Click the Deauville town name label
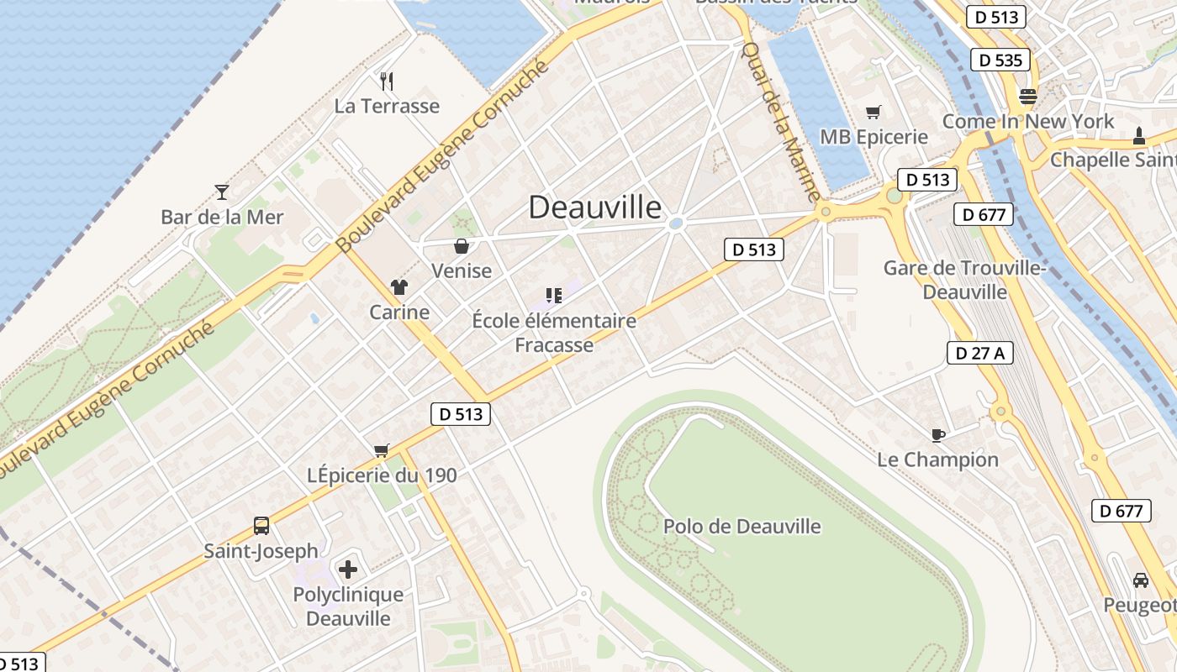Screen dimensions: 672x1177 point(594,207)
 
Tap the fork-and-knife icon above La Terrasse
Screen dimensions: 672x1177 point(387,81)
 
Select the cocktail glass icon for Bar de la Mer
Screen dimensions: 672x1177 point(222,192)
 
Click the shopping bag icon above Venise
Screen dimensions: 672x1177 point(461,246)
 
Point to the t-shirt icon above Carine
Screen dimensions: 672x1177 point(398,287)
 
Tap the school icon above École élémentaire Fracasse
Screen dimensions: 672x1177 point(553,296)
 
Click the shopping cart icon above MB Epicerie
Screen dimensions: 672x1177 point(874,112)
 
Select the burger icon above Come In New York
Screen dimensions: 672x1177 point(1027,96)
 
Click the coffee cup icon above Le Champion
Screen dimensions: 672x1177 point(937,434)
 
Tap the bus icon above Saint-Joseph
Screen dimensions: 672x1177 point(261,526)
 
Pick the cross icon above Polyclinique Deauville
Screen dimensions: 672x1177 point(347,570)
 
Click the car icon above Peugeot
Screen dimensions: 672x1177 point(1140,580)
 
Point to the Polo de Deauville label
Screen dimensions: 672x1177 point(742,527)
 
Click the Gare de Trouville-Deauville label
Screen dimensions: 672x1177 point(964,280)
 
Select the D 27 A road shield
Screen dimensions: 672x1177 point(979,353)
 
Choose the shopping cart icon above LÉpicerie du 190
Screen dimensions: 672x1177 point(382,450)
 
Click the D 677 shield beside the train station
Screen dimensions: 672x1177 point(984,214)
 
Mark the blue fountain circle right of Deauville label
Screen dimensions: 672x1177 point(675,223)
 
